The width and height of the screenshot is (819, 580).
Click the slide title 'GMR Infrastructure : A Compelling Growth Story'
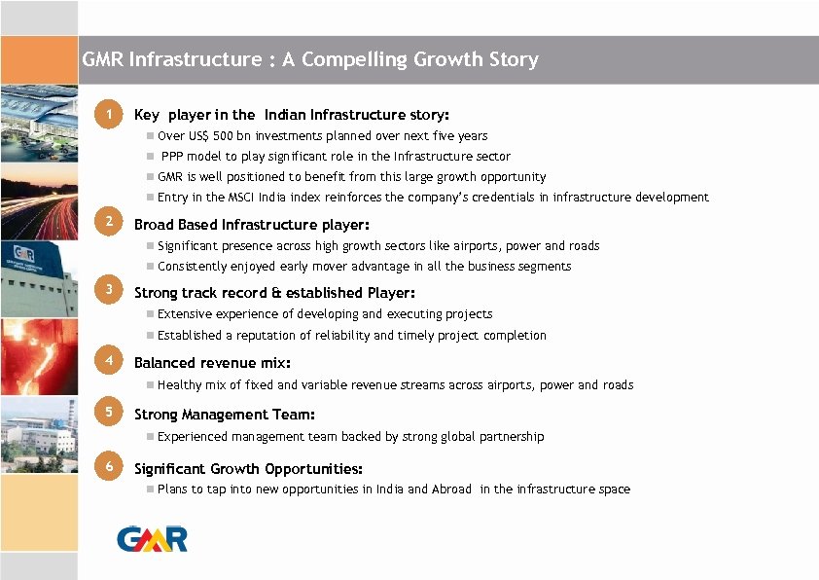point(309,60)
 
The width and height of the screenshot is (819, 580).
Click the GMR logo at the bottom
point(152,538)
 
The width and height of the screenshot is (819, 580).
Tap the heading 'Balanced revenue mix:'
point(212,363)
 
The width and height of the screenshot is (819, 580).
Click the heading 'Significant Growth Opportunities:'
point(248,469)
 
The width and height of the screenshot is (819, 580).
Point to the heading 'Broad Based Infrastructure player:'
point(251,225)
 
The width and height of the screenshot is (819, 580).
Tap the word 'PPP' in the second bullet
point(173,157)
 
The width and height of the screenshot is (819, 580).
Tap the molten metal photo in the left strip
point(39,355)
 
